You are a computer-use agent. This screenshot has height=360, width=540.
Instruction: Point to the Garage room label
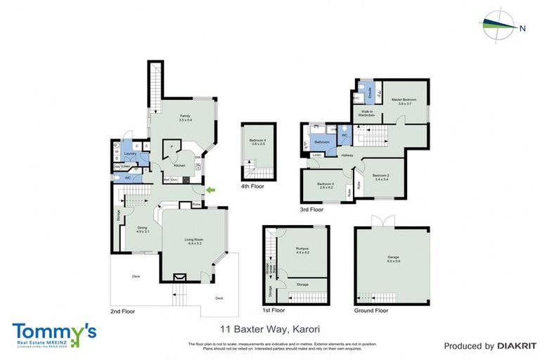pyautogui.click(x=393, y=259)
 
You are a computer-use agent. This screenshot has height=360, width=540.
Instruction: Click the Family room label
pyautogui.click(x=185, y=117)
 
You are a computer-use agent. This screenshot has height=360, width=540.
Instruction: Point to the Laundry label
pyautogui.click(x=129, y=153)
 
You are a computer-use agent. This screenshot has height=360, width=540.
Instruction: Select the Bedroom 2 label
pyautogui.click(x=381, y=176)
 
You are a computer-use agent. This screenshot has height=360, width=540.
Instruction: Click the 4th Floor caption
pyautogui.click(x=255, y=186)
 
